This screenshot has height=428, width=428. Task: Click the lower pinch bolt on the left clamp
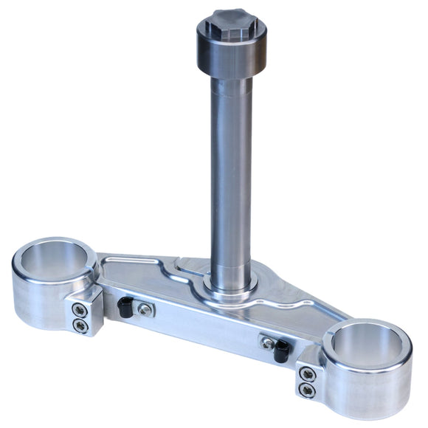click(80, 325)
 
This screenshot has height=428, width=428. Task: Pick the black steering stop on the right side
click(280, 352)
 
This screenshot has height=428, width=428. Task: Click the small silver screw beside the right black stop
click(264, 342)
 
